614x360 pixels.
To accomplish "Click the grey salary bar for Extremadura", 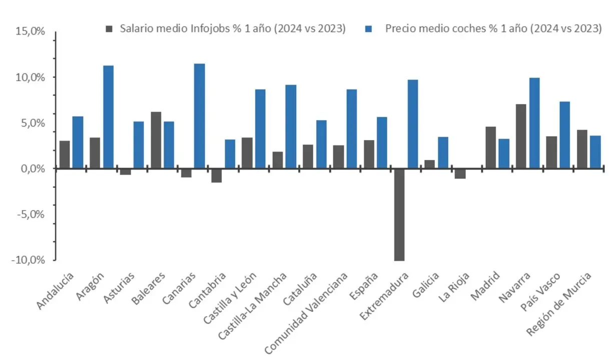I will [x=399, y=214].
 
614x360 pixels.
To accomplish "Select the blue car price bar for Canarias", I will [x=199, y=116].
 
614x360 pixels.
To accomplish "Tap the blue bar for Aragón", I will [x=108, y=117].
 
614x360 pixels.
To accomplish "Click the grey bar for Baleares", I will [x=156, y=140].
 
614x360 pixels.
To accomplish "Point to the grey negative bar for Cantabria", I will [x=216, y=175].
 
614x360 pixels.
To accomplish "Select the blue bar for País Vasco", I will [x=564, y=135].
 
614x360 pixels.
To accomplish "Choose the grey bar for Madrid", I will [x=490, y=147].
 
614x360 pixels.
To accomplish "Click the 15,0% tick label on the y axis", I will [x=31, y=31].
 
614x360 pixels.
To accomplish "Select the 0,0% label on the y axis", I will [x=33, y=168].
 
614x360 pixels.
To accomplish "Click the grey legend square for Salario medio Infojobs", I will [x=110, y=28].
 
